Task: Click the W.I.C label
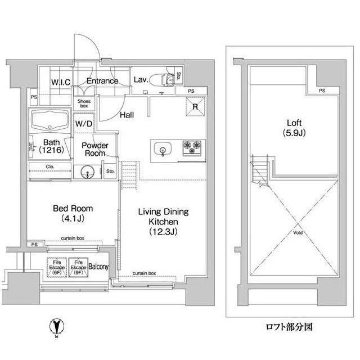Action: (61, 82)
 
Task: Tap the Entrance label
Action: (102, 81)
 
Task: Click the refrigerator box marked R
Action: (194, 106)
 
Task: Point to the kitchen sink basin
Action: (162, 149)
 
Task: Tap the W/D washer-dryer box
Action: (84, 124)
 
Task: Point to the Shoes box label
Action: (83, 103)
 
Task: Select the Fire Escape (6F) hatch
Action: (56, 267)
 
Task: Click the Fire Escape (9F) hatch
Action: (78, 267)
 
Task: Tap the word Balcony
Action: (98, 267)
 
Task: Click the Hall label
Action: (127, 115)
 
